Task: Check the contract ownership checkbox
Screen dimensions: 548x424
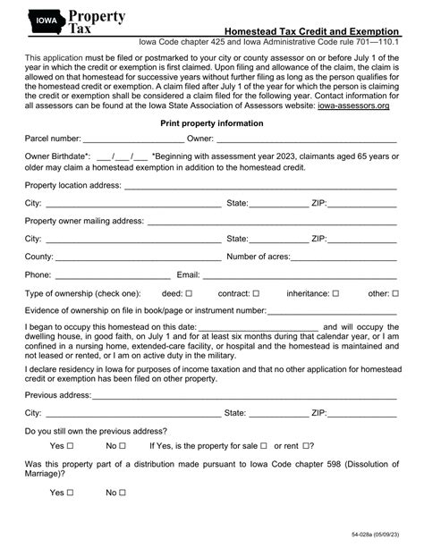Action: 256,292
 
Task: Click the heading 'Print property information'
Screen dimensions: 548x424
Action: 210,123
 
